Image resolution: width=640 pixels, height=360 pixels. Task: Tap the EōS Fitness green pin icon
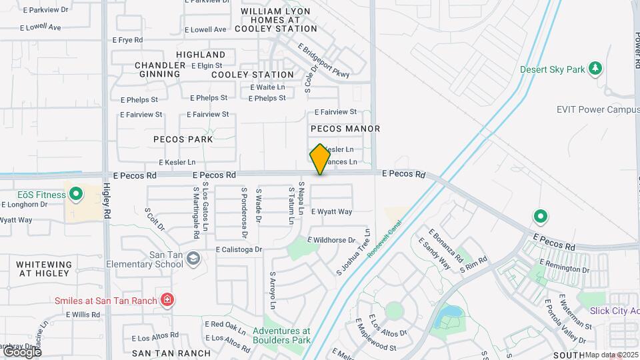76,195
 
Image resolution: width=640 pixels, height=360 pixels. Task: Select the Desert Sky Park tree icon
595,69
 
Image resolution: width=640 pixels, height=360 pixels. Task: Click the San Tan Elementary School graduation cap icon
193,258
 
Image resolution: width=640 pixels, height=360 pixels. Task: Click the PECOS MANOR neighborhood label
345,129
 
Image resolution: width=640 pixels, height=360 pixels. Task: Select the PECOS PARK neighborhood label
183,140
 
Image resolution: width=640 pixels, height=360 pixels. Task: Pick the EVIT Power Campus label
597,109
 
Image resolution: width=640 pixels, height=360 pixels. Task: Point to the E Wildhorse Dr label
331,240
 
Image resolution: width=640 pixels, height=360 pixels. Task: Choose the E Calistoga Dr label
239,249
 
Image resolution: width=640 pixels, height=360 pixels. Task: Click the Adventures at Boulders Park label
282,335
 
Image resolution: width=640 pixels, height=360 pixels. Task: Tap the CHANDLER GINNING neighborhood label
160,69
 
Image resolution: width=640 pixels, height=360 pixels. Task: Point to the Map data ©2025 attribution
611,355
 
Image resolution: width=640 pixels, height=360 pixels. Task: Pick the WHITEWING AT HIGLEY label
44,269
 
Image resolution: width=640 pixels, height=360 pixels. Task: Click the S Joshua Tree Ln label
353,252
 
